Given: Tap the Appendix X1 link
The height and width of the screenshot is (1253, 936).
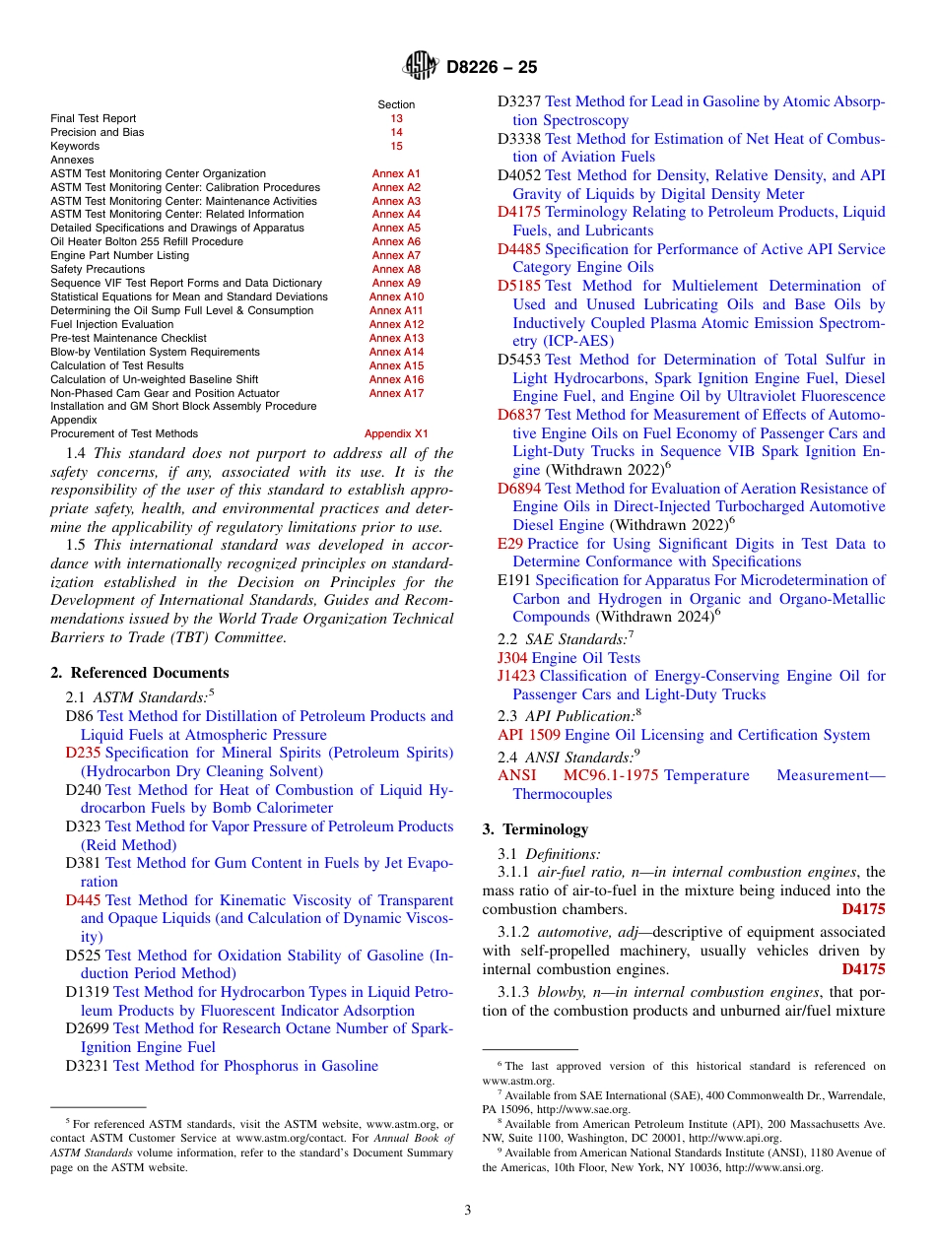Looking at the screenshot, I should (396, 433).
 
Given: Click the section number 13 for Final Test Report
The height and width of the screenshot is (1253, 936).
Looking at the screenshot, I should (396, 118).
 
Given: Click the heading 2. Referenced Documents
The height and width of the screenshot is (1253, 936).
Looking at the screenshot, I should (139, 673).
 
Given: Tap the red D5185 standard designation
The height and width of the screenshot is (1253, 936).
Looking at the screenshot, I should (518, 287).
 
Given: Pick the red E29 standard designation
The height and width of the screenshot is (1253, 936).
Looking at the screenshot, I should (509, 544).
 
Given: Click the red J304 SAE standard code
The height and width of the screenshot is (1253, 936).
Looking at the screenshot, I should (512, 658).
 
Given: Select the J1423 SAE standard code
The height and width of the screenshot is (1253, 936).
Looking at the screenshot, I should (516, 676).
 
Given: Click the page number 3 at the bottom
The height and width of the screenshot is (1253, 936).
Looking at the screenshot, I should (468, 1211).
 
